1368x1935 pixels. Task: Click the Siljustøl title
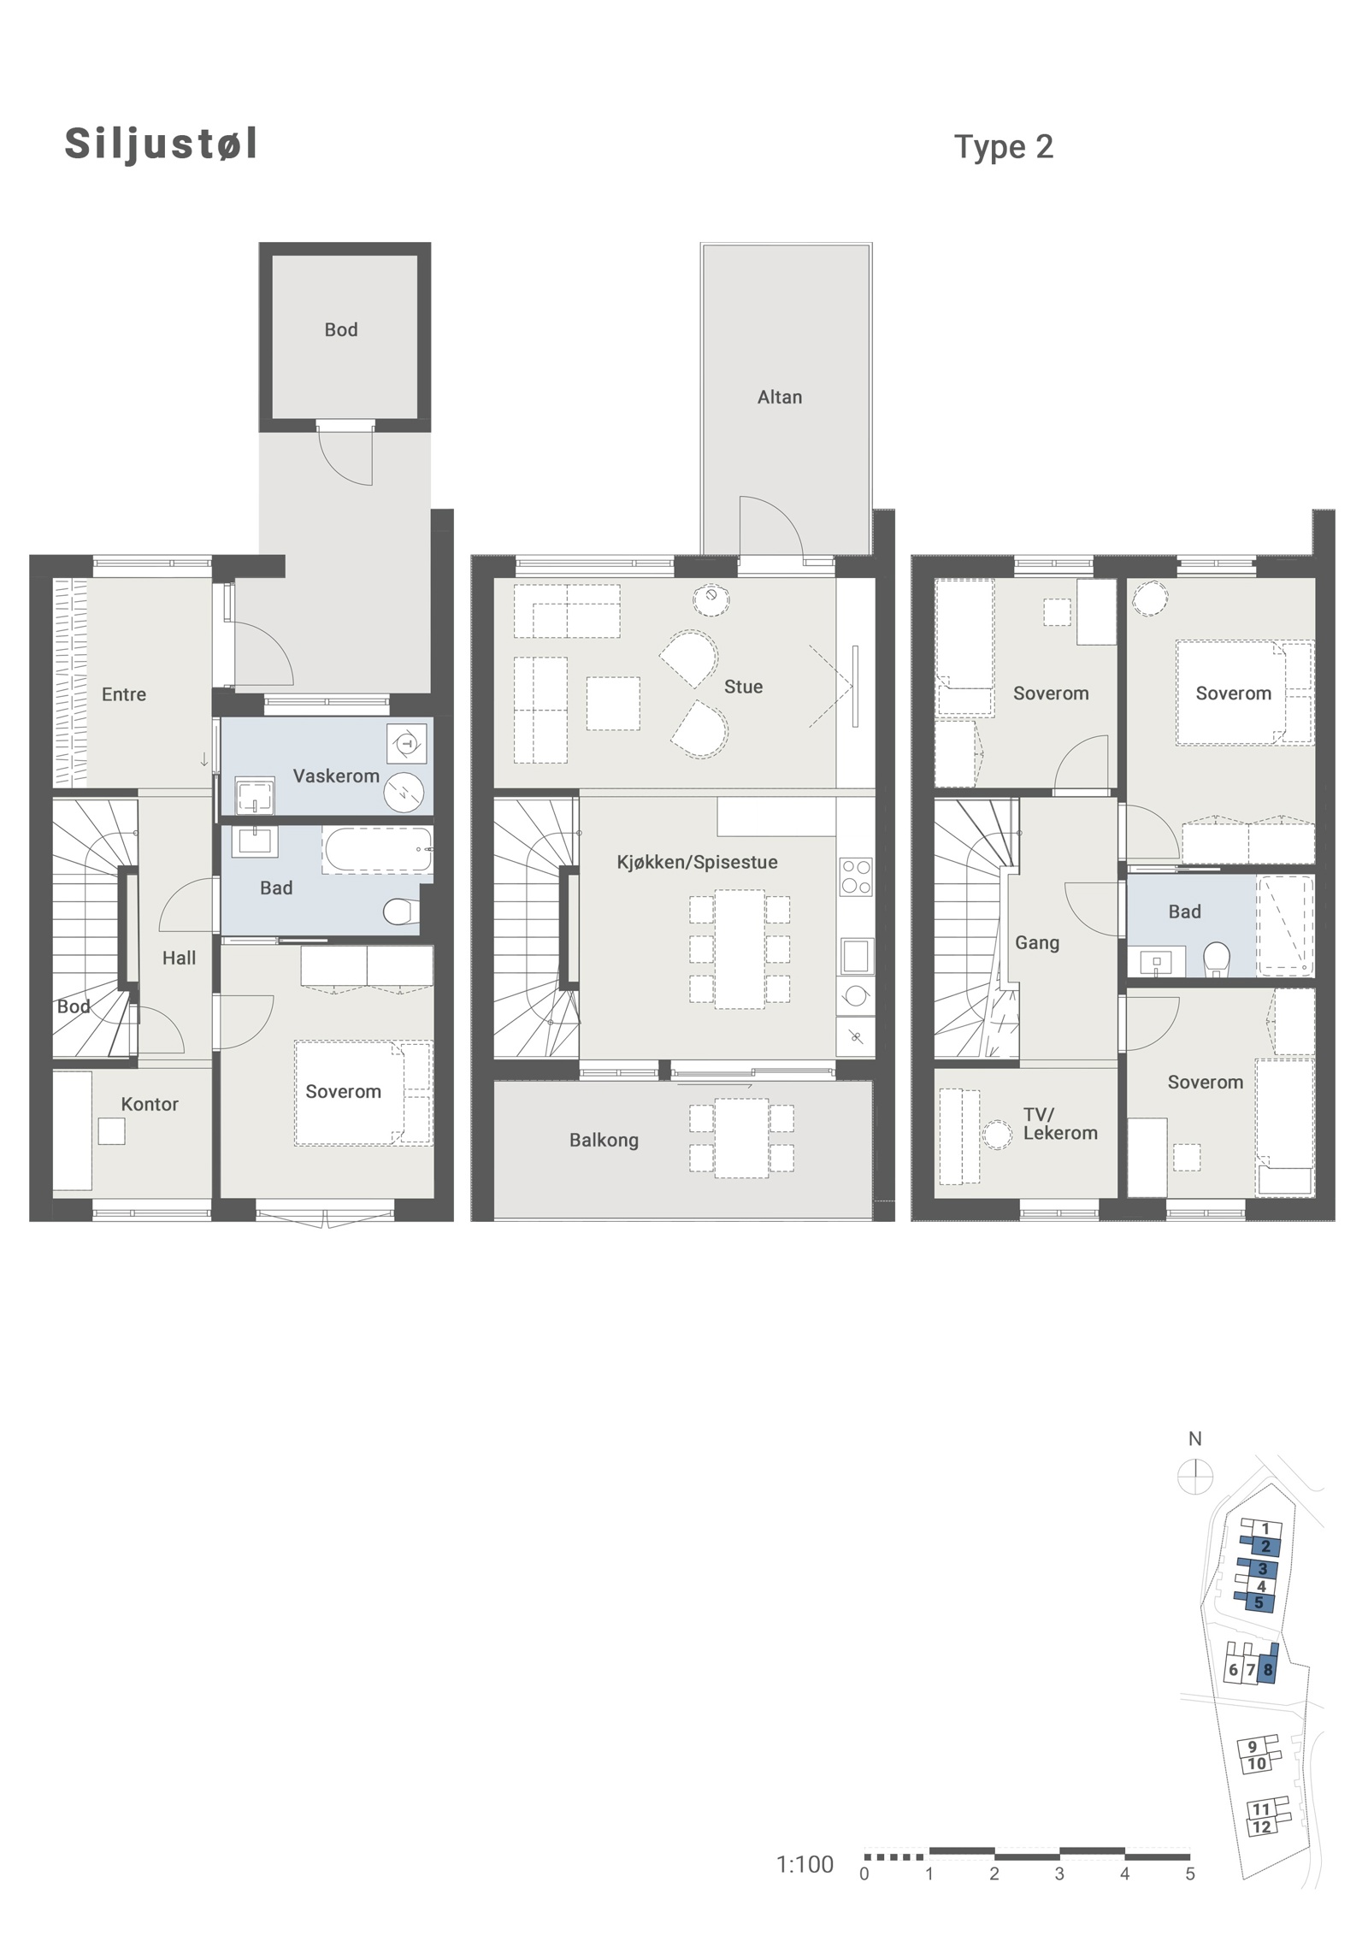pos(161,144)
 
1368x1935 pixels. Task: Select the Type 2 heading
pos(1004,148)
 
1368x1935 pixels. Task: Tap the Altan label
pos(780,397)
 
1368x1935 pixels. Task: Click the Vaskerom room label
pos(336,776)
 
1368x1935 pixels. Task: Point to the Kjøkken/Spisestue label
pos(698,862)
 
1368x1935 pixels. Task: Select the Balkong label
pos(604,1140)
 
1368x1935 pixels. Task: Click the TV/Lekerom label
pos(1060,1124)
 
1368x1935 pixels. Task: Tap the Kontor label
pos(150,1104)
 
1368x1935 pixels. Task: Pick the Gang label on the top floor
pos(1037,942)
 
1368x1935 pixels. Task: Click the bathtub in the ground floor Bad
pos(377,849)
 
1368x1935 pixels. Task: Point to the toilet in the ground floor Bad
pos(401,911)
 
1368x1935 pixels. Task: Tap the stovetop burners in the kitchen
pos(856,876)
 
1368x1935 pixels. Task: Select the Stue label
pos(743,687)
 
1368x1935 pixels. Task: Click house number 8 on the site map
pos(1268,1669)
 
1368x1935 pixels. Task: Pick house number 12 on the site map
pos(1261,1826)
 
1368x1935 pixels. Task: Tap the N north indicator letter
pos(1195,1439)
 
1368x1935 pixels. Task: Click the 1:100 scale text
pos(805,1864)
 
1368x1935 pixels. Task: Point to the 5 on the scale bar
pos(1190,1874)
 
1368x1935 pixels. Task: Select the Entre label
pos(124,694)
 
